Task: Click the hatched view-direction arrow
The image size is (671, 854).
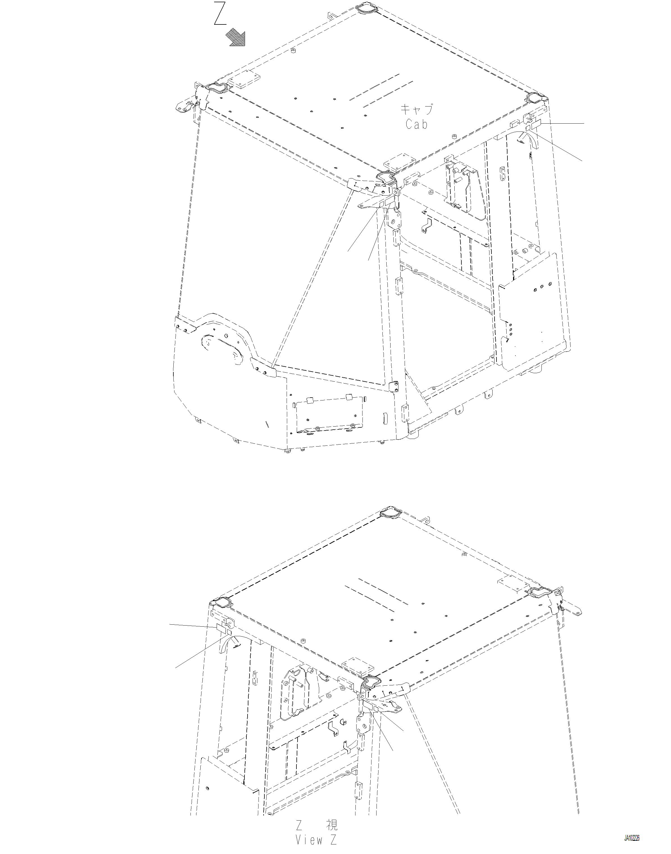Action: (236, 39)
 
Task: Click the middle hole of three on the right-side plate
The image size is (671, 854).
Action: (541, 287)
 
